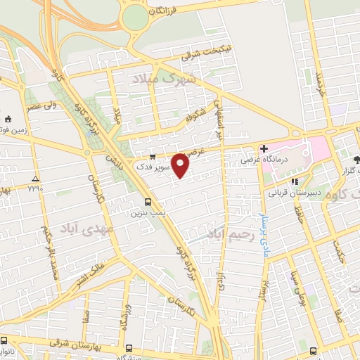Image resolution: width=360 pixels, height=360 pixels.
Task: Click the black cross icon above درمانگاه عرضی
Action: click(263, 148)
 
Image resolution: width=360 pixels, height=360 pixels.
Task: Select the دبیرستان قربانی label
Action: click(294, 191)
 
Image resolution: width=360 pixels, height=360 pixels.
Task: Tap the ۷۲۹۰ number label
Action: click(35, 188)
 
